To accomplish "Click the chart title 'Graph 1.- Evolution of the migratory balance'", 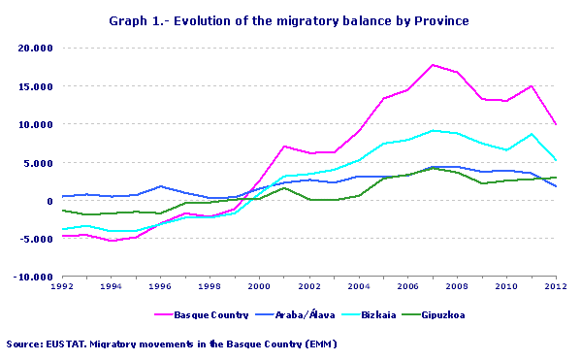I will [290, 20].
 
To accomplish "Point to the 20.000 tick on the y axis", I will [36, 48].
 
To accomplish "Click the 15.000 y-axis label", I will [36, 86].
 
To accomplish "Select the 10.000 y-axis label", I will [36, 124].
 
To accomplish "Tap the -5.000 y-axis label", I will [36, 239].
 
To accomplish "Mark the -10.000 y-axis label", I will [34, 278].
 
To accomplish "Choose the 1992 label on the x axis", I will [61, 288].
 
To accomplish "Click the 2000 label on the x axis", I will [258, 288].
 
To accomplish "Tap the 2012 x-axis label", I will [553, 288].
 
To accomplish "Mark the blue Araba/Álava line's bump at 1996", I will [160, 186].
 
